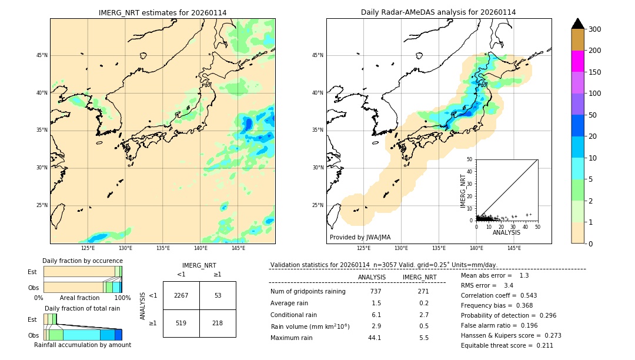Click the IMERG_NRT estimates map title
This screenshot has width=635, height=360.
pyautogui.click(x=162, y=12)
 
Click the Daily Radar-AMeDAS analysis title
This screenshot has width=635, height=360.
pyautogui.click(x=438, y=12)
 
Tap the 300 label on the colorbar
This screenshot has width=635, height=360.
pyautogui.click(x=595, y=29)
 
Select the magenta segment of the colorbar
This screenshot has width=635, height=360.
pyautogui.click(x=578, y=61)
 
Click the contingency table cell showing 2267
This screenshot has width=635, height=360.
pyautogui.click(x=181, y=295)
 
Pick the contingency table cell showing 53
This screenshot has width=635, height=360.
pyautogui.click(x=218, y=295)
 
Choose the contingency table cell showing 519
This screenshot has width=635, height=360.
pyautogui.click(x=181, y=323)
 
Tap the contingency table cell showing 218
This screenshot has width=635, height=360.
pyautogui.click(x=218, y=323)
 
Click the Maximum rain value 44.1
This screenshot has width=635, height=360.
pyautogui.click(x=375, y=338)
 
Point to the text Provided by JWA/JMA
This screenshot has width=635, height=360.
pyautogui.click(x=360, y=238)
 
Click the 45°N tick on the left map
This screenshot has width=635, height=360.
pyautogui.click(x=42, y=55)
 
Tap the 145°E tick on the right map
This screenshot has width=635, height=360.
pyautogui.click(x=514, y=248)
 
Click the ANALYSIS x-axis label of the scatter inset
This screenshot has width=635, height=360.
pyautogui.click(x=506, y=233)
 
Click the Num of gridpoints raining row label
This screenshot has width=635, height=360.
pyautogui.click(x=308, y=292)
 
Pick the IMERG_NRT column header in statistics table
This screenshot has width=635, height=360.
pyautogui.click(x=419, y=277)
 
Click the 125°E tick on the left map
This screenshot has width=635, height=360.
pyautogui.click(x=88, y=248)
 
